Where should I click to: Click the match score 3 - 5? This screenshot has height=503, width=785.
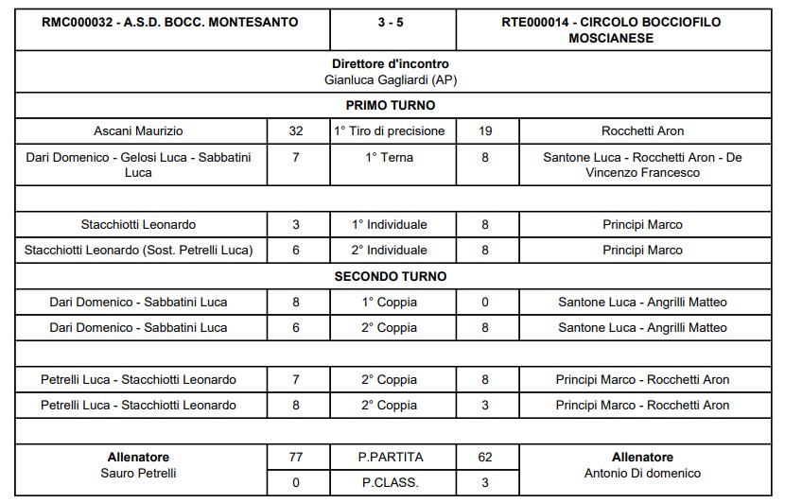[x=392, y=20]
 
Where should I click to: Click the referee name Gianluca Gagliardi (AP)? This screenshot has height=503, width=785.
[x=392, y=80]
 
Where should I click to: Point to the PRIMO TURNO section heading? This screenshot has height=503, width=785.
[x=391, y=106]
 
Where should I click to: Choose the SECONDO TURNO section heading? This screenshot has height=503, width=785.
[x=391, y=277]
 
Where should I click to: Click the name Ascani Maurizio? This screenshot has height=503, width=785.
[x=138, y=131]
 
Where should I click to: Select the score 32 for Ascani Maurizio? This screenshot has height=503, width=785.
[x=296, y=131]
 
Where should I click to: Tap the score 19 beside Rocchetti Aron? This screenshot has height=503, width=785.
[x=485, y=131]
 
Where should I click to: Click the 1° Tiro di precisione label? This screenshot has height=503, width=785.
[x=391, y=131]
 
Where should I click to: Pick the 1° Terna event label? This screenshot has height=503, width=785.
[x=391, y=158]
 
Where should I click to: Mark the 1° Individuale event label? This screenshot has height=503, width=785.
[x=391, y=225]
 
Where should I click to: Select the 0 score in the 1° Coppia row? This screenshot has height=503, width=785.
[x=485, y=303]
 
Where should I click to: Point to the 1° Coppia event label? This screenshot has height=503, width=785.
[x=391, y=303]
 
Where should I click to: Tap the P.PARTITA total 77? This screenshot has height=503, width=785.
[x=296, y=458]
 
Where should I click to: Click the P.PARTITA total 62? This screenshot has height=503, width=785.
[x=485, y=458]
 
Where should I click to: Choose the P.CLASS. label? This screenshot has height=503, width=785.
[x=391, y=483]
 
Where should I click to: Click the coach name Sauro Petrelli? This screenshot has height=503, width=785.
[x=138, y=473]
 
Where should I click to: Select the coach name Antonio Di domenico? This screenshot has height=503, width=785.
[x=642, y=473]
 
